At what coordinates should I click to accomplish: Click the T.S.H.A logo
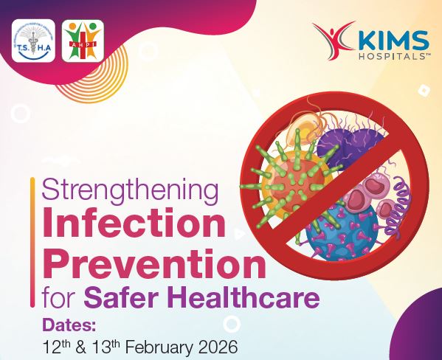pyautogui.click(x=33, y=40)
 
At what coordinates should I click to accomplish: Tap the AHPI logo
pyautogui.click(x=83, y=40)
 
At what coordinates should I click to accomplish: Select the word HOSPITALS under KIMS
pyautogui.click(x=387, y=55)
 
